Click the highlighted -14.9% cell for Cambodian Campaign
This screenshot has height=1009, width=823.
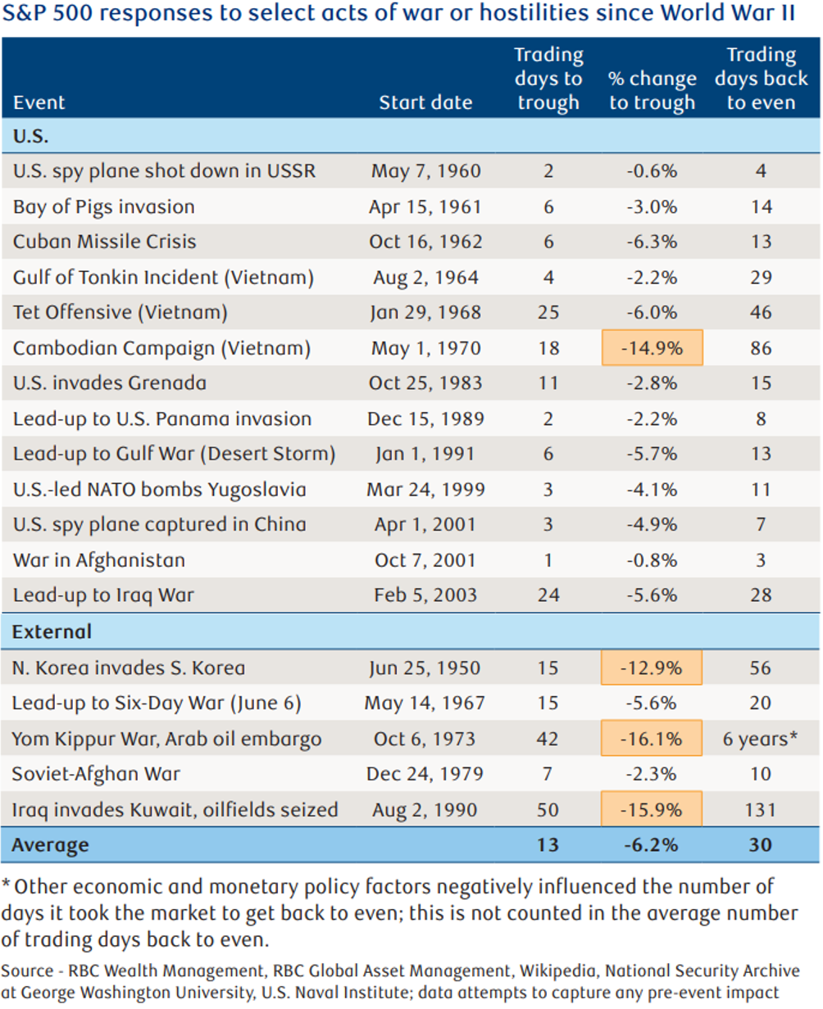click(652, 348)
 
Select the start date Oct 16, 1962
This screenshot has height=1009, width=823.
click(425, 242)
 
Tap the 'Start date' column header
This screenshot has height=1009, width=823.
click(425, 103)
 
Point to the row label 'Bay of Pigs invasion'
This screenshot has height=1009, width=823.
click(104, 206)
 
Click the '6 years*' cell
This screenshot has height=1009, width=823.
click(760, 739)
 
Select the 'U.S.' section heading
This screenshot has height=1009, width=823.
click(31, 137)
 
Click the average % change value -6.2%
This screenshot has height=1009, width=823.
click(652, 844)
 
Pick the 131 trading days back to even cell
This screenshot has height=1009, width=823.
click(760, 810)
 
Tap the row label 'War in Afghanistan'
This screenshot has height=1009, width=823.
click(99, 560)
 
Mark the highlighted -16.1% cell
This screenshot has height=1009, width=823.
click(652, 739)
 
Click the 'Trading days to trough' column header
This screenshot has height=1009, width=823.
click(548, 79)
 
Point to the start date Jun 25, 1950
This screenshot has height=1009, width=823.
click(425, 667)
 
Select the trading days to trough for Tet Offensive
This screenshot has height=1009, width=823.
click(548, 313)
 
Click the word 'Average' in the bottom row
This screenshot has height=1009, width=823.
click(51, 844)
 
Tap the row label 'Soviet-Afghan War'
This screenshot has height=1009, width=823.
click(97, 774)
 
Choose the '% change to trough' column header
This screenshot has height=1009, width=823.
click(652, 91)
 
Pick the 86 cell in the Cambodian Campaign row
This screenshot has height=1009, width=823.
click(760, 348)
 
